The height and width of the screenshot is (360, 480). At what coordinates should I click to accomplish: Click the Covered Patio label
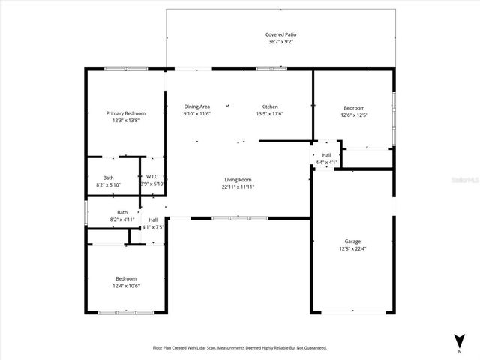[x=280, y=35]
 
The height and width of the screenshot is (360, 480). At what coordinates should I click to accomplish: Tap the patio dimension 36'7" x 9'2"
[x=280, y=42]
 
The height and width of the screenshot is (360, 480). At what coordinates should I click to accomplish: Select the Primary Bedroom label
[x=125, y=113]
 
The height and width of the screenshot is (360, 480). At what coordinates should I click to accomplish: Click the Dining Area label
[x=196, y=106]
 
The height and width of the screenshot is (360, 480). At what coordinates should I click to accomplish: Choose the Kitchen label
[x=269, y=106]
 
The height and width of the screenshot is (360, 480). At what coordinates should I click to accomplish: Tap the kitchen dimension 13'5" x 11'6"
[x=269, y=113]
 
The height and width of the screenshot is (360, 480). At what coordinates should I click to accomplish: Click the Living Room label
[x=237, y=180]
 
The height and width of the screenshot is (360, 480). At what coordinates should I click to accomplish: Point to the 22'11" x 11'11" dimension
[x=237, y=187]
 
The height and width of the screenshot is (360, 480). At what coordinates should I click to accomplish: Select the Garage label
[x=352, y=241]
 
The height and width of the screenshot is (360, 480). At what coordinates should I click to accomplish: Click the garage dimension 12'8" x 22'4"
[x=352, y=248]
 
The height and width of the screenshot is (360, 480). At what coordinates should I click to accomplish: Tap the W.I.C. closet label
[x=151, y=178]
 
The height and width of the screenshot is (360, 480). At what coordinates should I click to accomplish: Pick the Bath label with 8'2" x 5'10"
[x=109, y=178]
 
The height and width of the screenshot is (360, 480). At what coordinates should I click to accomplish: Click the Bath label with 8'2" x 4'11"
[x=122, y=212]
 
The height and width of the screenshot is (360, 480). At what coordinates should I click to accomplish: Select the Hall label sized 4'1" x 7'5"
[x=153, y=220]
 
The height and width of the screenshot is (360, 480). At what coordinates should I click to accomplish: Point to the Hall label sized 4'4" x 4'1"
[x=327, y=155]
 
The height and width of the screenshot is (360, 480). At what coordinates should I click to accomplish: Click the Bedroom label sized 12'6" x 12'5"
[x=353, y=107]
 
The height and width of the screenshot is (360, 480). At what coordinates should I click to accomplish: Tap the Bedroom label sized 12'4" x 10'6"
[x=125, y=278]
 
